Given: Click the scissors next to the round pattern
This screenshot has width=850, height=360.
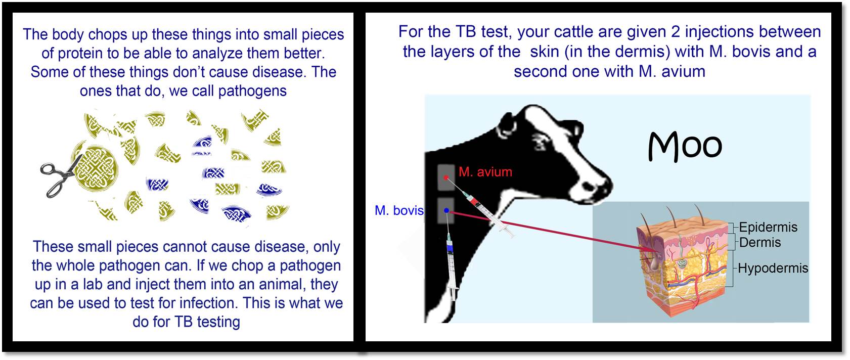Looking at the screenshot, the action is coord(60,176).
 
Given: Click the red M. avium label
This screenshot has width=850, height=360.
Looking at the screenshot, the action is coord(485,172).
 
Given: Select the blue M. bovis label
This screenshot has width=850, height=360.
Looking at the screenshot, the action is coord(399,210).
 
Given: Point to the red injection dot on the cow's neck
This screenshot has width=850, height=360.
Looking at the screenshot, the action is coord(446,177).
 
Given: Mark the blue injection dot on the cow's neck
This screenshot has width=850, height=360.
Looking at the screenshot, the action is coord(446,210).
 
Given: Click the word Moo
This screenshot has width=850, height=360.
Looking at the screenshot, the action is coord(685,146).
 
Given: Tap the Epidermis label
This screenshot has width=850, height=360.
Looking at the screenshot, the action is coord(768,227).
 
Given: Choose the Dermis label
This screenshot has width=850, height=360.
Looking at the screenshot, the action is coord(759,242).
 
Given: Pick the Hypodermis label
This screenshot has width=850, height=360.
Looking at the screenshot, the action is coord(773,268).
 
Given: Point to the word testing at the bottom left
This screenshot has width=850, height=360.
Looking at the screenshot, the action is coord(218,322).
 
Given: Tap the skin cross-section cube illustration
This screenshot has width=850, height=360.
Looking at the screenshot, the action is coord(683,265).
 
